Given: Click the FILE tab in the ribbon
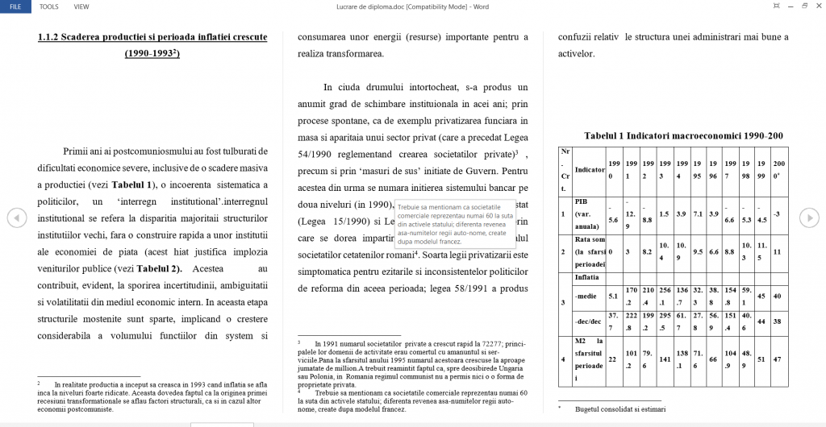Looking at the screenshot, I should (15, 6).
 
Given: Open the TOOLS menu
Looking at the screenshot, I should (48, 6).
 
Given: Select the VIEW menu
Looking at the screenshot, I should (81, 6).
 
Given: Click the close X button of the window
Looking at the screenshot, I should (816, 6).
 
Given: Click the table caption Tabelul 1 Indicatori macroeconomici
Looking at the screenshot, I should (683, 136).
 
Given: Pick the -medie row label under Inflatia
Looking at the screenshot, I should (587, 296).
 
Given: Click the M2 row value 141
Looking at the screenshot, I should (665, 359).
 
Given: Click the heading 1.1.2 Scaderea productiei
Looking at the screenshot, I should (152, 37).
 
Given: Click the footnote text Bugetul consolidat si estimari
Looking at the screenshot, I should (620, 409).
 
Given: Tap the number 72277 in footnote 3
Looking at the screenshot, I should (492, 342).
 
